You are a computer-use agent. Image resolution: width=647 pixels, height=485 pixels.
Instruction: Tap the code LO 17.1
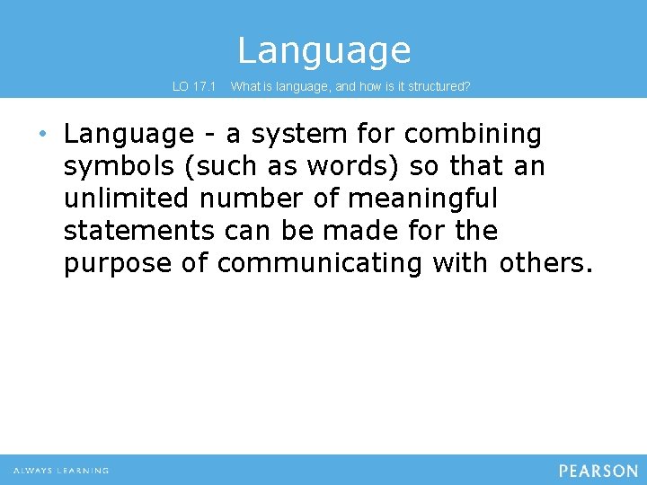pos(194,87)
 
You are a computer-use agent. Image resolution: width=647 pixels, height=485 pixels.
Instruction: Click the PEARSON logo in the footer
pos(598,471)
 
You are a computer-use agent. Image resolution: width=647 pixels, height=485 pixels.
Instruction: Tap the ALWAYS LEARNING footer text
pos(61,471)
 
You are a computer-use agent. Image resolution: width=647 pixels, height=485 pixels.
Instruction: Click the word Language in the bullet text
pos(129,135)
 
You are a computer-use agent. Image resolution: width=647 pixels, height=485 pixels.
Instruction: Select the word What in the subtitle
pos(247,87)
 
